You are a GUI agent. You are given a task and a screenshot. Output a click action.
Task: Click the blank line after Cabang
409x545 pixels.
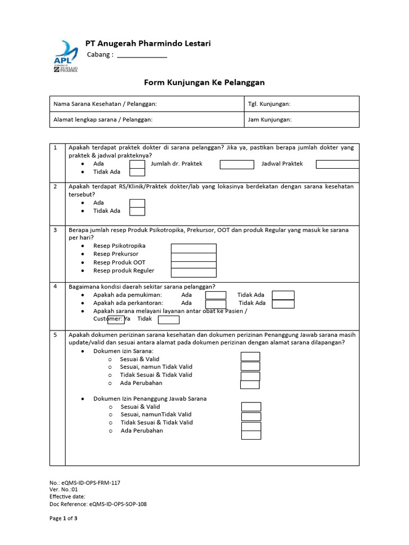pos(142,55)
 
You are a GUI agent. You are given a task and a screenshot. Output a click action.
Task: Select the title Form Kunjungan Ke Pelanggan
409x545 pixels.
pos(204,82)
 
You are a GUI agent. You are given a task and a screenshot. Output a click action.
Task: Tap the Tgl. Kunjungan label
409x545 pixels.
pos(269,104)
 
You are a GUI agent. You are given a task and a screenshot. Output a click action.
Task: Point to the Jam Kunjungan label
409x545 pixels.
pos(269,120)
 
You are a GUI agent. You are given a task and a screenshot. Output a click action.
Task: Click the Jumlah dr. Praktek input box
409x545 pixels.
pos(237,164)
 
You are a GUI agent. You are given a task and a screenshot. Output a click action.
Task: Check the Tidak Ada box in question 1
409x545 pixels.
pos(137,172)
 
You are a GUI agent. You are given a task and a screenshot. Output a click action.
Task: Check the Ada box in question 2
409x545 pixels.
pos(137,203)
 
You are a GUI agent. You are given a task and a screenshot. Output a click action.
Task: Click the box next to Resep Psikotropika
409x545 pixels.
pos(193,248)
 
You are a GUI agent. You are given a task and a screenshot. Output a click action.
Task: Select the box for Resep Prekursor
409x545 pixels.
pos(193,257)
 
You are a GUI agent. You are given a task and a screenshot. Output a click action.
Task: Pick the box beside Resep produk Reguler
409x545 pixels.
pos(193,272)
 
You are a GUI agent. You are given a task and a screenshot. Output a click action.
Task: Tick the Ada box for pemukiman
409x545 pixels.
pos(216,295)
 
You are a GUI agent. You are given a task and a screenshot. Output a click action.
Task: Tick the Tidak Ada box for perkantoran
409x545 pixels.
pos(283,303)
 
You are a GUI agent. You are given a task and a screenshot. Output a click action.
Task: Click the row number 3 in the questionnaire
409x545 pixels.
pos(55,230)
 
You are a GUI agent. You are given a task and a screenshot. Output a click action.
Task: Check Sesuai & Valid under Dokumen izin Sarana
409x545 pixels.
pos(250,357)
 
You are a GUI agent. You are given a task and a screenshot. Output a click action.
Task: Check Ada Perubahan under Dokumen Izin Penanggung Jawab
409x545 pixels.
pos(251,434)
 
